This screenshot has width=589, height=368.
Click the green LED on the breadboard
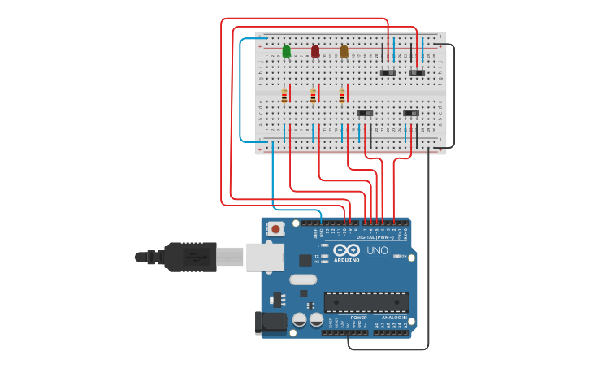click(x=287, y=52)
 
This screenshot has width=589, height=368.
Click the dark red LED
click(x=315, y=52)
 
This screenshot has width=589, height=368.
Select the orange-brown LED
click(x=344, y=52)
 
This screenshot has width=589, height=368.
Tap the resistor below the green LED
click(x=284, y=96)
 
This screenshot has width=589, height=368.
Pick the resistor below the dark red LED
click(x=313, y=96)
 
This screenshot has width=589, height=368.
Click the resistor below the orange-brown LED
click(x=342, y=96)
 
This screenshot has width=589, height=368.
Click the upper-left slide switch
click(x=389, y=73)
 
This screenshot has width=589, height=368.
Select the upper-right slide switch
click(x=417, y=73)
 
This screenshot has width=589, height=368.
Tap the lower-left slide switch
click(x=366, y=112)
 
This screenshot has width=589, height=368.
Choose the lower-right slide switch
click(x=411, y=112)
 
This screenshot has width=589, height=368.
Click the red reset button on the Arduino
click(x=276, y=229)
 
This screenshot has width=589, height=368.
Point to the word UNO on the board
click(x=378, y=251)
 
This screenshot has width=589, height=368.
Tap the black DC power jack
click(x=272, y=323)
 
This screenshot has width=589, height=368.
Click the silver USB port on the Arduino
click(x=265, y=256)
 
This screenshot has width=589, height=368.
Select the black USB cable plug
click(x=190, y=257)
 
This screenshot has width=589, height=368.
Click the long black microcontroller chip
click(x=366, y=302)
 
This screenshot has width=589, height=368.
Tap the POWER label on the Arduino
click(x=336, y=318)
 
